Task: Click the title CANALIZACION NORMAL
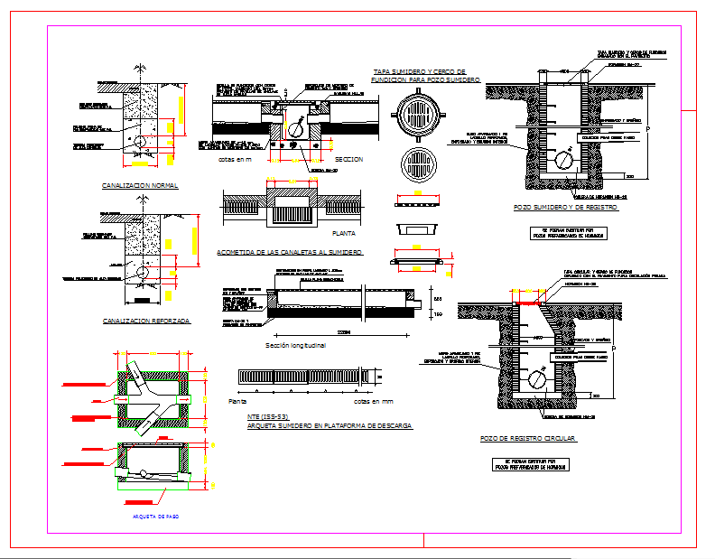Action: click(141, 185)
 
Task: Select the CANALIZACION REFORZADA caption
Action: click(146, 321)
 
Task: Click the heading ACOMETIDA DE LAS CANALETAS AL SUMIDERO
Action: click(290, 253)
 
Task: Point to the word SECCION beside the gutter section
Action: click(348, 159)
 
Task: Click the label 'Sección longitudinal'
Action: click(295, 345)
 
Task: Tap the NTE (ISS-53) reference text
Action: click(270, 416)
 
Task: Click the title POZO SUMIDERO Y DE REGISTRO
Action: click(565, 208)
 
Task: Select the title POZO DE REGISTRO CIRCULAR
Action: click(527, 438)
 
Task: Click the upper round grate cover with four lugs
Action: click(419, 116)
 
